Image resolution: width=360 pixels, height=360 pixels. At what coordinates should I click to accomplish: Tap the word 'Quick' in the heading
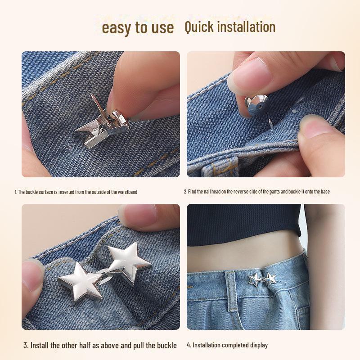(199, 27)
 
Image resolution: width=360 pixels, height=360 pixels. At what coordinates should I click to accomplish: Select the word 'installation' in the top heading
(247, 27)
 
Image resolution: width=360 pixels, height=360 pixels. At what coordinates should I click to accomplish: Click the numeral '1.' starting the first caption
(16, 192)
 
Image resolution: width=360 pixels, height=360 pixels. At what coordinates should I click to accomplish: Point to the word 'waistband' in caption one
(127, 192)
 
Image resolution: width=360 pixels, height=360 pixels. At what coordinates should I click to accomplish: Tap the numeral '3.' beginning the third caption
(26, 346)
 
